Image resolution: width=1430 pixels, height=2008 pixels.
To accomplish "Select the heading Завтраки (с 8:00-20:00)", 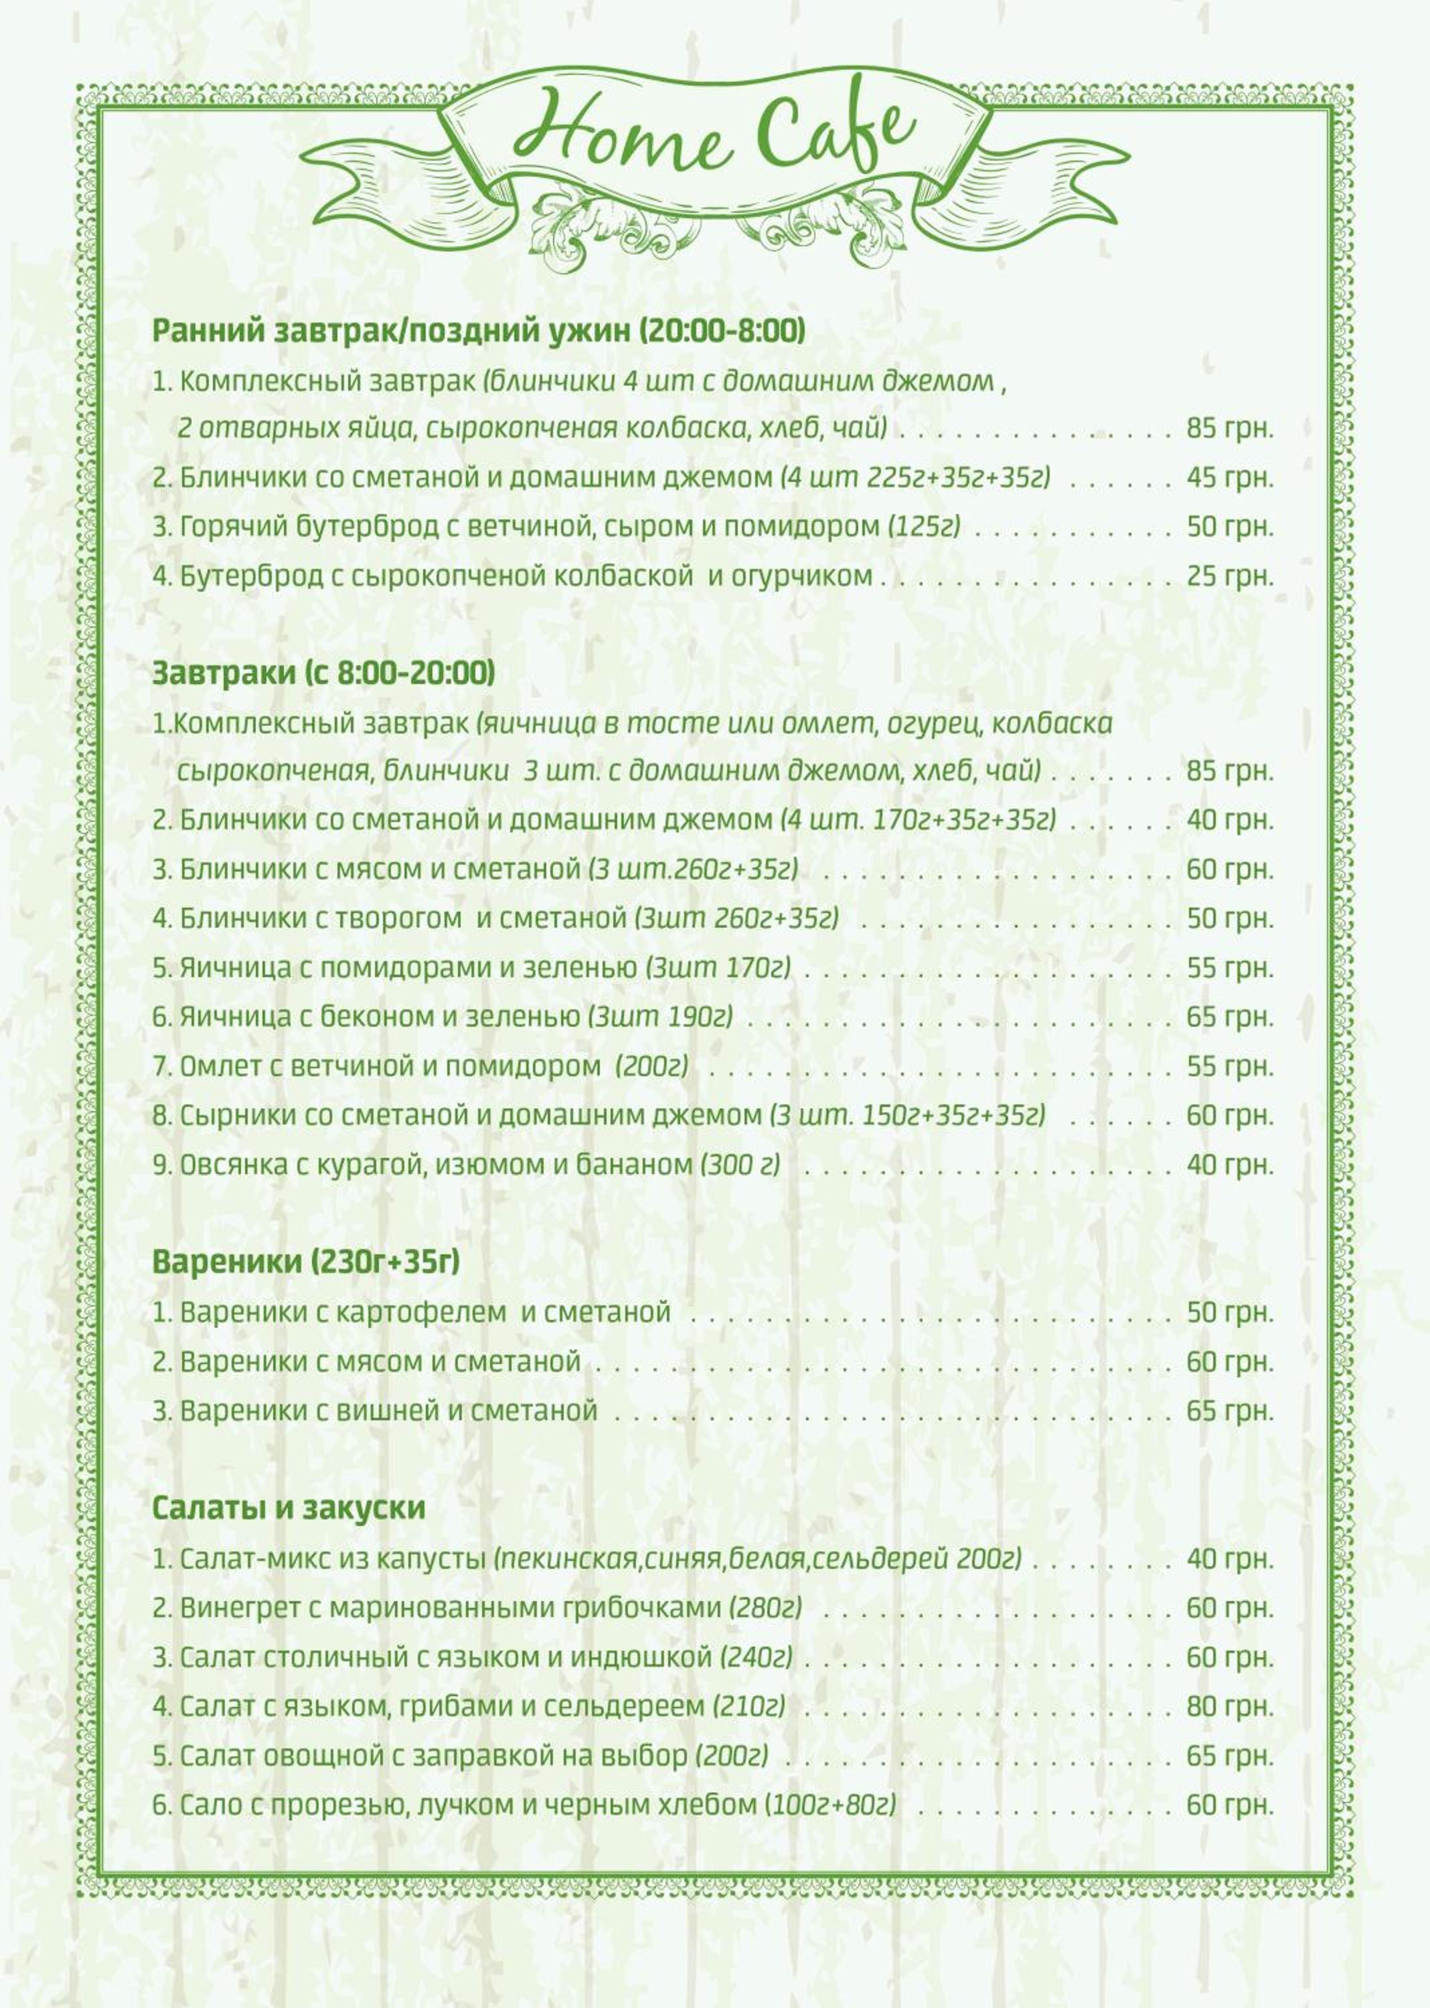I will (x=323, y=673).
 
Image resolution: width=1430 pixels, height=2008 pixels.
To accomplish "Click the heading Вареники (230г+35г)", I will (x=305, y=1262).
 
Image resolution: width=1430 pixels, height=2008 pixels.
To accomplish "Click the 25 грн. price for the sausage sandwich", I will (x=1229, y=576).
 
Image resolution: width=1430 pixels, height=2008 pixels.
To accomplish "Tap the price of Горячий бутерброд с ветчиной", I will (x=1229, y=527).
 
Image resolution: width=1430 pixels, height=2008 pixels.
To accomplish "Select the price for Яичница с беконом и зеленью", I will (x=1229, y=1017).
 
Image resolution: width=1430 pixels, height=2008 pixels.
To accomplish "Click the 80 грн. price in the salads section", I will (x=1229, y=1706).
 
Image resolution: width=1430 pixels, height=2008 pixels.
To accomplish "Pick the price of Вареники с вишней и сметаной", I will (x=1229, y=1411).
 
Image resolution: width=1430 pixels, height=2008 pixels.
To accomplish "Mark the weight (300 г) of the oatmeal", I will (x=740, y=1165).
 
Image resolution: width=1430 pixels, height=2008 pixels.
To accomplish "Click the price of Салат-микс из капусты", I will (x=1229, y=1559).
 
